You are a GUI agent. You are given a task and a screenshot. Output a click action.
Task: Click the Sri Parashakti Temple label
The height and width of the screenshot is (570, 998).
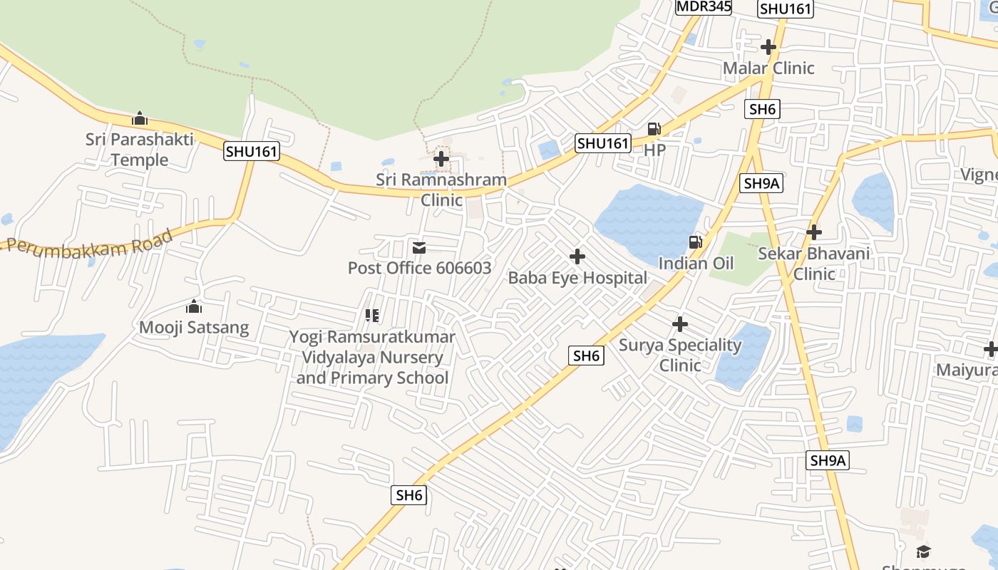tap(140, 150)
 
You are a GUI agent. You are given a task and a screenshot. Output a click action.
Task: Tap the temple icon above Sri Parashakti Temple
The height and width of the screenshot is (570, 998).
tap(140, 118)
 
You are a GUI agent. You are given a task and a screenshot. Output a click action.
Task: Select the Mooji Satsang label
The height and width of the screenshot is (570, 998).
tap(194, 328)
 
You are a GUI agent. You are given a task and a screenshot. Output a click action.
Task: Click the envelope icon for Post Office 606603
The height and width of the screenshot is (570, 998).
tap(419, 248)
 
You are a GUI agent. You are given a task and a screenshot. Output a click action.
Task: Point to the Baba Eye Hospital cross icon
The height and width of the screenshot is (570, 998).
tap(577, 256)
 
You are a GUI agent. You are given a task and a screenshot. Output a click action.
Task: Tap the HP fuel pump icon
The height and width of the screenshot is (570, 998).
tap(654, 129)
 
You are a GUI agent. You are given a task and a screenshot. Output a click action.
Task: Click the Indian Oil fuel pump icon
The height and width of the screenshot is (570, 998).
tap(695, 242)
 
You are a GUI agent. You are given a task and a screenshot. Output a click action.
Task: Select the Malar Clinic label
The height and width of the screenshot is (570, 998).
tap(768, 68)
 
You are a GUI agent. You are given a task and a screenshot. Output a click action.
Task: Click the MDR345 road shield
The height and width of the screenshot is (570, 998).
tap(704, 6)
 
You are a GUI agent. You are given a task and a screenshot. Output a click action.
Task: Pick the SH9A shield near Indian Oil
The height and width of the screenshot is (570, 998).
tap(762, 183)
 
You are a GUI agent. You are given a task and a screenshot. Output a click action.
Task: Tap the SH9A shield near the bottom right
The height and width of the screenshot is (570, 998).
tap(828, 460)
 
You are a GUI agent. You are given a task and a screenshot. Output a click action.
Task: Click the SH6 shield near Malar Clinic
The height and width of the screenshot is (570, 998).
tap(762, 109)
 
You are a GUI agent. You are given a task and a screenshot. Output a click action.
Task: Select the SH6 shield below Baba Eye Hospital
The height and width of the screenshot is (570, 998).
tap(587, 356)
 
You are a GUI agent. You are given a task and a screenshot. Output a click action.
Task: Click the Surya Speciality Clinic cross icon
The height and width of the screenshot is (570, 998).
tap(680, 325)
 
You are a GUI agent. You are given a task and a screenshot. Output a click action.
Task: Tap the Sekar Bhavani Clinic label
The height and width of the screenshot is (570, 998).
tap(813, 264)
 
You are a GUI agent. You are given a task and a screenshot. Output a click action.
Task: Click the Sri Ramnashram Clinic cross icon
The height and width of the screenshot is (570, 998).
tap(442, 159)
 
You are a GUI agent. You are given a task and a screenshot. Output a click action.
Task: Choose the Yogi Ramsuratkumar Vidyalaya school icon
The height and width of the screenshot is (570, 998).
tap(371, 315)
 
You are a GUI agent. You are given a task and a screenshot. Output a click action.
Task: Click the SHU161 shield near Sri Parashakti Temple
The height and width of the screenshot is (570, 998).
tap(251, 151)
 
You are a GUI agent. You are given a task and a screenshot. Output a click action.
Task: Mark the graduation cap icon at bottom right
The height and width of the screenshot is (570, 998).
tap(923, 551)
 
